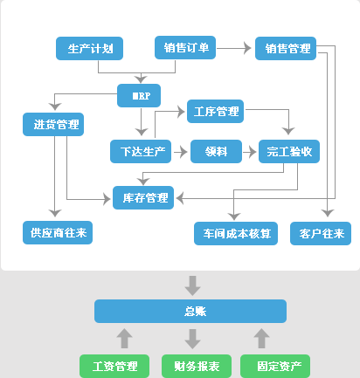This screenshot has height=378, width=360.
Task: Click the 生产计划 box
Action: [89, 48]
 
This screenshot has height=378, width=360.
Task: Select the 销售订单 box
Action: [185, 47]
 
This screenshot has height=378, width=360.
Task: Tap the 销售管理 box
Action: [286, 48]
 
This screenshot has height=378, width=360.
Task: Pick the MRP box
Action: [139, 95]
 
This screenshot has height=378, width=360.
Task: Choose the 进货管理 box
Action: [53, 124]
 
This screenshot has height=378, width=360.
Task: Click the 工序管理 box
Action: [215, 111]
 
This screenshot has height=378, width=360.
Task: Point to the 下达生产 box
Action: [141, 151]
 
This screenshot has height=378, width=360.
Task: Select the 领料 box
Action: [216, 151]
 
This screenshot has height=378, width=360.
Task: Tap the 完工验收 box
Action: [289, 151]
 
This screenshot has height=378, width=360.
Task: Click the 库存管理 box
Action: [143, 197]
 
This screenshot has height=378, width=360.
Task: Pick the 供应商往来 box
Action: [58, 232]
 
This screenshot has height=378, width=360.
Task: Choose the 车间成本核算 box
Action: [236, 233]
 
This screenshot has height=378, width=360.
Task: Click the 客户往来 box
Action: [321, 233]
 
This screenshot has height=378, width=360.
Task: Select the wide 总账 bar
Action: [190, 311]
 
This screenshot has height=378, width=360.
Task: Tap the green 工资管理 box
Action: [114, 366]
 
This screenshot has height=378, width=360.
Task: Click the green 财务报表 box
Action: [197, 366]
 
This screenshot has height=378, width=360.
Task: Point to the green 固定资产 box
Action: [275, 366]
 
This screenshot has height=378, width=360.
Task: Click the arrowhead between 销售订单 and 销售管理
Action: [247, 48]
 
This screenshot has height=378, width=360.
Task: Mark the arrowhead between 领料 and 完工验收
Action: [253, 152]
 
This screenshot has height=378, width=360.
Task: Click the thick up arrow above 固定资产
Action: [261, 339]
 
